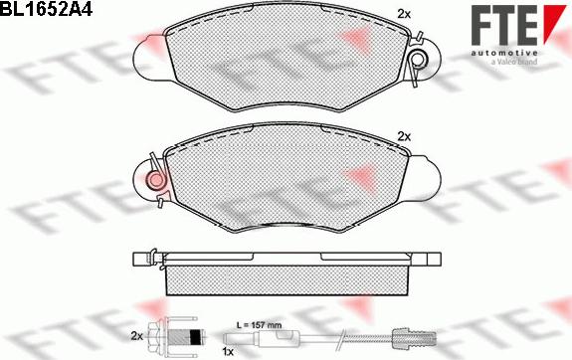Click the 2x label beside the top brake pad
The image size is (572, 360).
(404, 14)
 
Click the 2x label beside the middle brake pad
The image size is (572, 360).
(404, 137)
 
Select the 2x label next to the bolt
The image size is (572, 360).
(136, 336)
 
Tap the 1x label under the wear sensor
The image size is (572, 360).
(227, 352)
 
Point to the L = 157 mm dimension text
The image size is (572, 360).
(259, 324)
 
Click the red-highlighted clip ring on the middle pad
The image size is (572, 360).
(157, 179)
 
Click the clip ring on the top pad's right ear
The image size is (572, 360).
(419, 59)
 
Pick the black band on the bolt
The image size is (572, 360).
(195, 335)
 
